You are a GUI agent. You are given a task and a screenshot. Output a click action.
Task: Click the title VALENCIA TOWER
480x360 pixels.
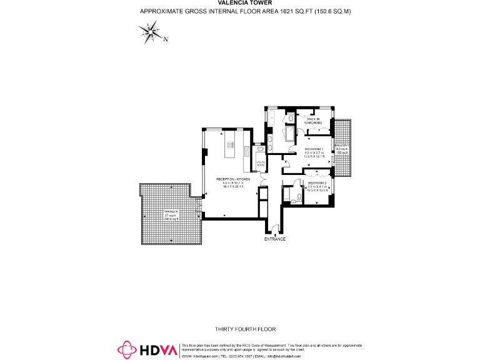click(240, 3)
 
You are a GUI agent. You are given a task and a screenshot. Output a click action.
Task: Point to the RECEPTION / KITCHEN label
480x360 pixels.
click(233, 179)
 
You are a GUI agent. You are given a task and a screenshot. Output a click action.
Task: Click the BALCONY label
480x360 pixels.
click(342, 145)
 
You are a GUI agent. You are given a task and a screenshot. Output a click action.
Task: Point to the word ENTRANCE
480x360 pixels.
click(275, 239)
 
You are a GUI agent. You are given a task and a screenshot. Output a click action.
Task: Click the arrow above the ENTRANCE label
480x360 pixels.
click(275, 232)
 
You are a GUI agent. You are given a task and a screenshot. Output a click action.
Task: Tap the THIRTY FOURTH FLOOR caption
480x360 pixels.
click(245, 329)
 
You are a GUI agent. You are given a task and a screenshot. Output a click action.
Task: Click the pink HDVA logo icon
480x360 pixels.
click(128, 349)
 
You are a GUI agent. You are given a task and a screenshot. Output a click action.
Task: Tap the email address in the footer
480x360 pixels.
click(284, 356)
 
